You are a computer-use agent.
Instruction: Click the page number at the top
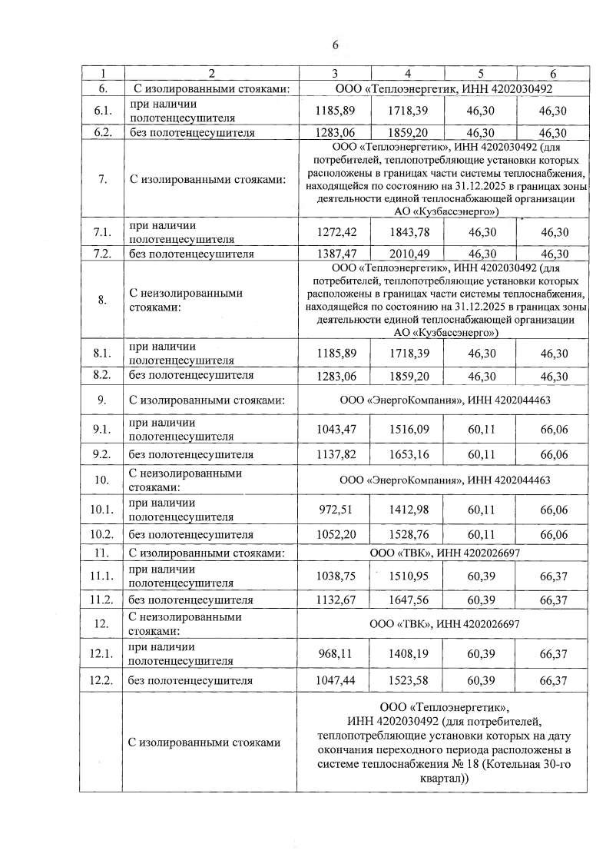[335, 45]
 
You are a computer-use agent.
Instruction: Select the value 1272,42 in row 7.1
[333, 232]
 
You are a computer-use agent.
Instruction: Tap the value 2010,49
[407, 254]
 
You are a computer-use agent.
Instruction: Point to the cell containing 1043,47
[333, 429]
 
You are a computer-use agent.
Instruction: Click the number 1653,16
[407, 454]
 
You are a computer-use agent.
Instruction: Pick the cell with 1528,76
[407, 535]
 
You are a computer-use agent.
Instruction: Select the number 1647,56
[407, 600]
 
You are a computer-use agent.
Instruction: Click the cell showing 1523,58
[407, 681]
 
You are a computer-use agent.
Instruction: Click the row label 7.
[102, 180]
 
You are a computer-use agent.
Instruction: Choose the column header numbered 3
[334, 73]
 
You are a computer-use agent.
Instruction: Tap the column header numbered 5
[480, 73]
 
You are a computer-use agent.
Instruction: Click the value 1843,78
[407, 232]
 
